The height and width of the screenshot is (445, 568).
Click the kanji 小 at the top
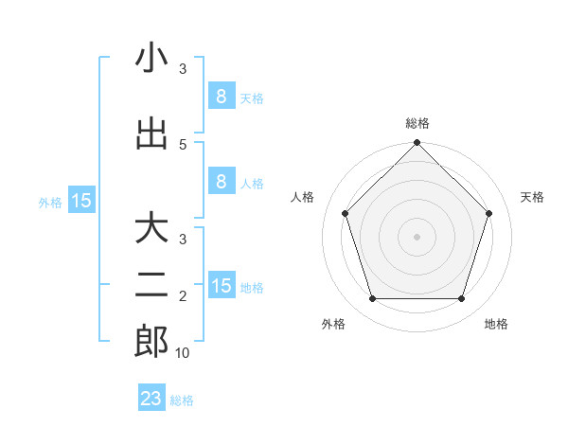coord(151,59)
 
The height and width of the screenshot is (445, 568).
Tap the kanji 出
coord(151,134)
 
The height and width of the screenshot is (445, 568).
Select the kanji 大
coord(151,229)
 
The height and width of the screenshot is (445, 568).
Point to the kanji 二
coord(151,285)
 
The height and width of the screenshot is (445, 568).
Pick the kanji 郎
coord(151,342)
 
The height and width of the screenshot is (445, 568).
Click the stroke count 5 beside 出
coord(183,144)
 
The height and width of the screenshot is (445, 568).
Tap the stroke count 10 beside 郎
coord(183,352)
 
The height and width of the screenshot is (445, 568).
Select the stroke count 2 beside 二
coord(183,296)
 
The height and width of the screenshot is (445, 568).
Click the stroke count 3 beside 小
coord(183,69)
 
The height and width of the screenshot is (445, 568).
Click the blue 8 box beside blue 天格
coord(221,97)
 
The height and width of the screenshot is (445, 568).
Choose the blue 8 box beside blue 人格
coord(221,182)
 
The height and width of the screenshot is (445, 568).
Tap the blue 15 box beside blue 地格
coord(221,286)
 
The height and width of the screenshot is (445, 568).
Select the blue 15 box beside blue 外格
coord(81,201)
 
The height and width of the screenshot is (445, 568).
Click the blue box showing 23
coord(151,399)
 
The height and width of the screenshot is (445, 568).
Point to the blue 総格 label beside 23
coord(182,400)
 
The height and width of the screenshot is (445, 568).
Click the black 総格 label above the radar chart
coord(417,123)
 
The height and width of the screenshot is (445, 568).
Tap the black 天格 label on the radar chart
coord(532,197)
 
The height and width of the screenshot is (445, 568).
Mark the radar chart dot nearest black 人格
coord(346,213)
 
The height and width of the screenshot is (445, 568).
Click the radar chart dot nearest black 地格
coord(462,299)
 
